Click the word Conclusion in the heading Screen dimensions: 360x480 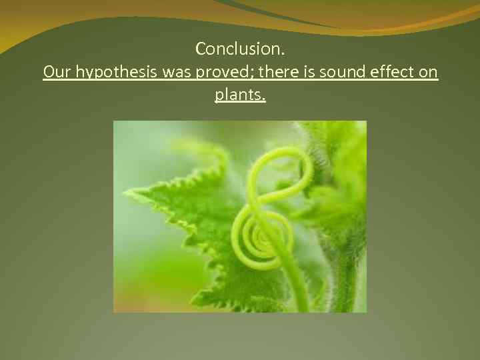pyautogui.click(x=239, y=49)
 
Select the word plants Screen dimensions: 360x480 pyautogui.click(x=238, y=95)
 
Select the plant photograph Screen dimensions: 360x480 pyautogui.click(x=239, y=216)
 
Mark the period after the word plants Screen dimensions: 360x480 pyautogui.click(x=264, y=99)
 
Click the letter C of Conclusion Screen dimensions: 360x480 pyautogui.click(x=201, y=49)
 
